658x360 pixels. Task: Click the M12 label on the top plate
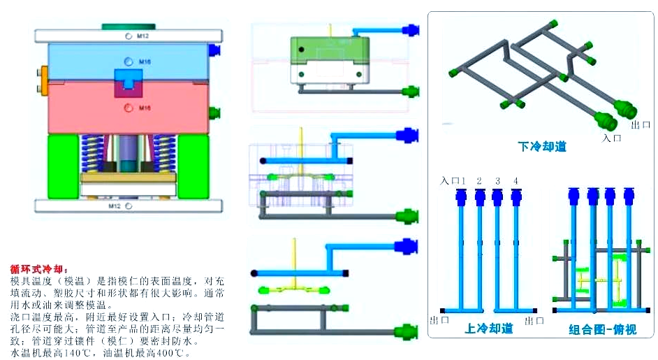pyautogui.click(x=142, y=36)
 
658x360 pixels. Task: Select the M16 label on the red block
pyautogui.click(x=145, y=108)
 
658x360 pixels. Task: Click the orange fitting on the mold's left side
pyautogui.click(x=45, y=78)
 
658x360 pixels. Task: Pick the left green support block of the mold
pyautogui.click(x=63, y=166)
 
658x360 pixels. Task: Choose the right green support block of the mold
pyautogui.click(x=193, y=166)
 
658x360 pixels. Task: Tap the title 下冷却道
pyautogui.click(x=541, y=147)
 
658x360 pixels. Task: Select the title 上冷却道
pyautogui.click(x=488, y=328)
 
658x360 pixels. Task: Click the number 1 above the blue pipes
pyautogui.click(x=462, y=181)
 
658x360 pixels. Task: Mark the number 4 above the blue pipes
pyautogui.click(x=516, y=181)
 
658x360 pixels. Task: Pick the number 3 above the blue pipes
pyautogui.click(x=497, y=181)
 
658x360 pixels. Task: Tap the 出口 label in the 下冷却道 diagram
pyautogui.click(x=641, y=124)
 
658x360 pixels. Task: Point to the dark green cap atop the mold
pyautogui.click(x=129, y=26)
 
